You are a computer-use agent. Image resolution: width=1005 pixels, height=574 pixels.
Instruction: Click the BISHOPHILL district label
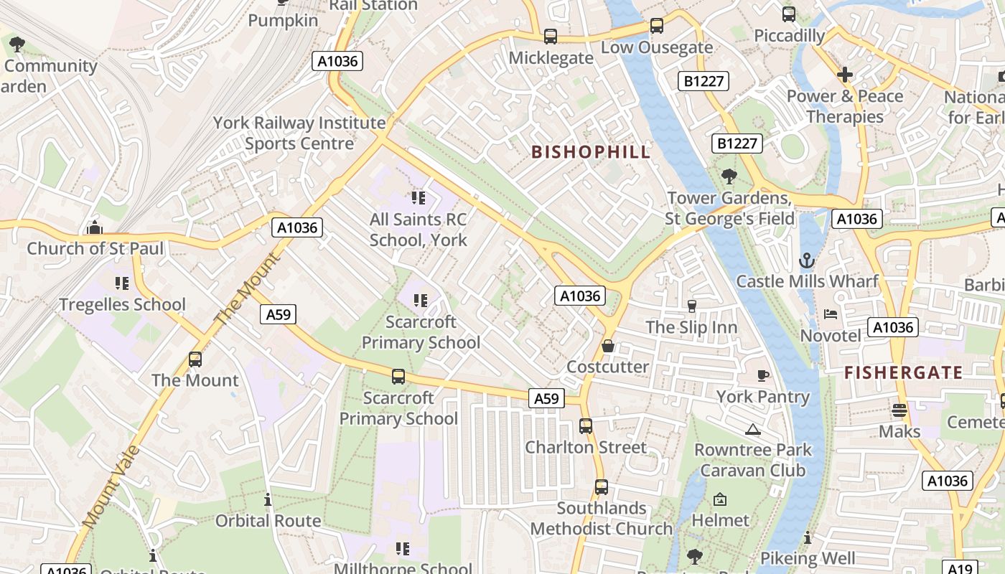[x=591, y=152]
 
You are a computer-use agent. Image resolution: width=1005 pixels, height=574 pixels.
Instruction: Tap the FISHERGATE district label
[x=903, y=372]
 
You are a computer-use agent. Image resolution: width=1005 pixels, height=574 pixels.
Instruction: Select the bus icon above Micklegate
[x=551, y=37]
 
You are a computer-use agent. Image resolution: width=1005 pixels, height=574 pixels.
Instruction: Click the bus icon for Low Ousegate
[x=656, y=27]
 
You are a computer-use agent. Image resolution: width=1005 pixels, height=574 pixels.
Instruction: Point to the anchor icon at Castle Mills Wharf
[x=807, y=260]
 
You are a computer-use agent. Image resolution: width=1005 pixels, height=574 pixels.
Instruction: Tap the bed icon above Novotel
[x=830, y=314]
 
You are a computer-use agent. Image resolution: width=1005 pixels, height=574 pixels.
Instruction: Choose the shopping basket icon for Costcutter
[x=608, y=346]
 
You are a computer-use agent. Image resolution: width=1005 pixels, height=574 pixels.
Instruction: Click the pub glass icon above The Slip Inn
[x=692, y=306]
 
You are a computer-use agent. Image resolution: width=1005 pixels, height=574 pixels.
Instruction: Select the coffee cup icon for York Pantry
[x=763, y=375]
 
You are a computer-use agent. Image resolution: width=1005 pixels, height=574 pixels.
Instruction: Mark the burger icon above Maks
[x=899, y=410]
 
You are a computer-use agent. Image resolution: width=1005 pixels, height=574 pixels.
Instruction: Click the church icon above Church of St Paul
[x=94, y=228]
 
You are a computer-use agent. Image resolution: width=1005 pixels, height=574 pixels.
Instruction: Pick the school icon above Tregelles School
[x=122, y=283]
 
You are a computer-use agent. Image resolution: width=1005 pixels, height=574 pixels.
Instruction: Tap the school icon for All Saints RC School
[x=418, y=198]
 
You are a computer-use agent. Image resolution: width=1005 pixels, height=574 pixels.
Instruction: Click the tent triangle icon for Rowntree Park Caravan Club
[x=752, y=429]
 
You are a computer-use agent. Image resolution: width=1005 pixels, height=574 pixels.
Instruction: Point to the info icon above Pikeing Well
[x=808, y=537]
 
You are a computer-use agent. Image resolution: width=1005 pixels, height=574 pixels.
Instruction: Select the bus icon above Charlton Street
[x=586, y=426]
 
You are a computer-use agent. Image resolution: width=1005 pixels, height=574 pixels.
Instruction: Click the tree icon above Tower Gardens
[x=729, y=177]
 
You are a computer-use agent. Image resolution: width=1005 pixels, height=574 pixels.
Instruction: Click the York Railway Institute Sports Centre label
[x=299, y=133]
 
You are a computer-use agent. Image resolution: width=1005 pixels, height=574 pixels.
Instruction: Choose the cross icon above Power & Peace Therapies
[x=845, y=75]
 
